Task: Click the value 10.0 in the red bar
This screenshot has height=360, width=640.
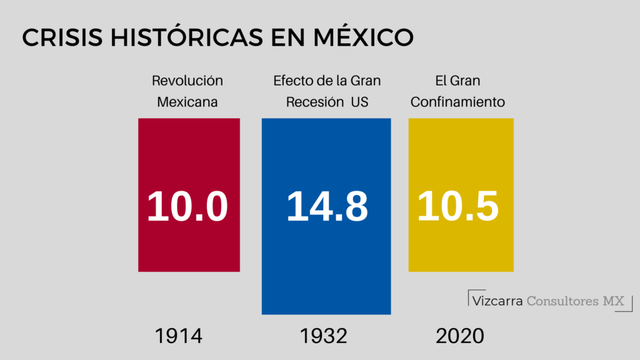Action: (x=188, y=206)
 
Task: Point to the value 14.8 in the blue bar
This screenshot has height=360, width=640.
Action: (x=327, y=206)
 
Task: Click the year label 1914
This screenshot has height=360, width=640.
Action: (x=179, y=336)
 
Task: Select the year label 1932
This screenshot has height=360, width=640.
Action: (x=323, y=336)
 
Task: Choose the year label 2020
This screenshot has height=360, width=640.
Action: (x=460, y=336)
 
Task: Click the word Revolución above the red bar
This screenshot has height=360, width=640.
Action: (x=187, y=81)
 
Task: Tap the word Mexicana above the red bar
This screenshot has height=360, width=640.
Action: (x=187, y=102)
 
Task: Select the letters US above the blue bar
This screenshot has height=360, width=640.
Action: (x=359, y=102)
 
